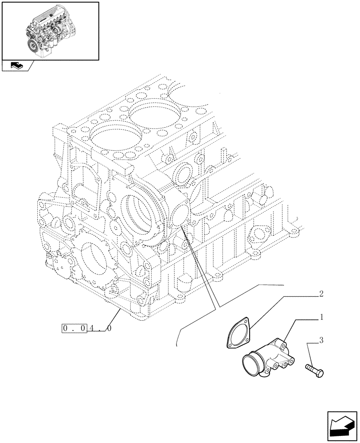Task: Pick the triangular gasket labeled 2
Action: click(x=237, y=336)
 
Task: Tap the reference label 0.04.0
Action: click(x=86, y=329)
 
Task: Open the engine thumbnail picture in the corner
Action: click(x=50, y=31)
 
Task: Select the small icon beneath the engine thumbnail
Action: click(x=16, y=66)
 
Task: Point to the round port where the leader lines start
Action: click(x=180, y=218)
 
